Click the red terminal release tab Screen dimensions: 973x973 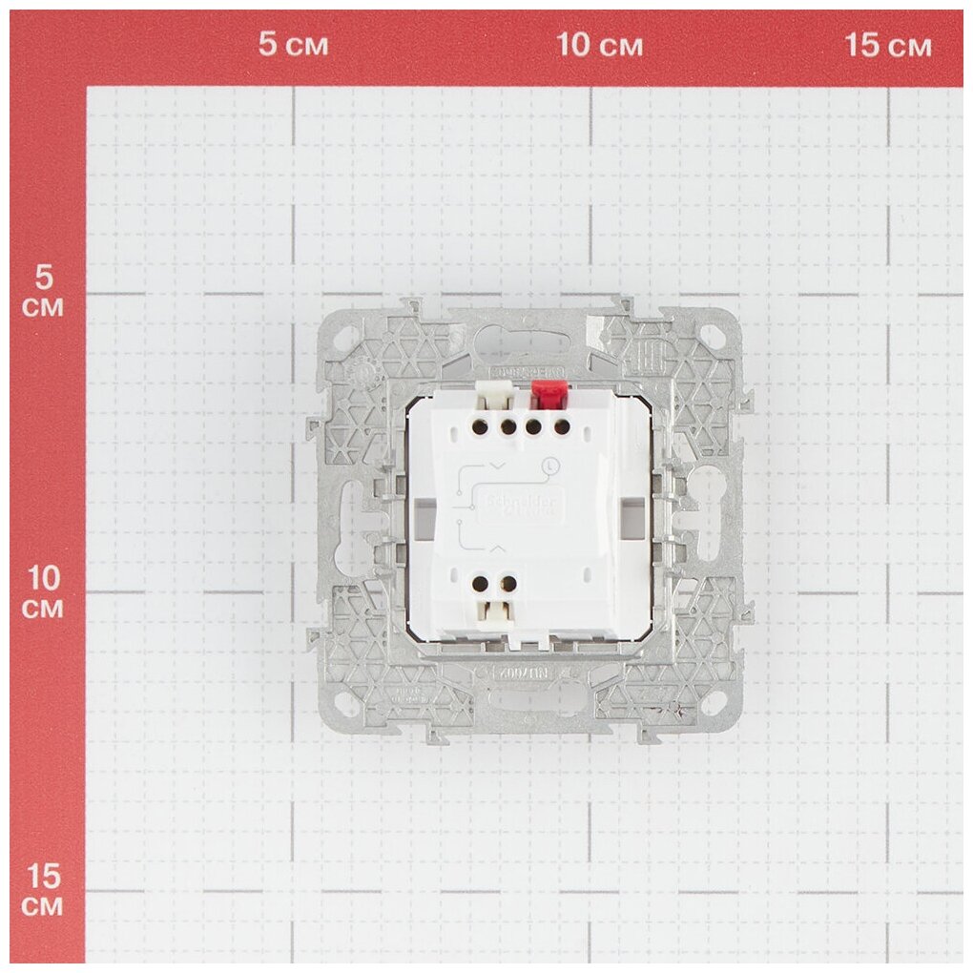click(x=547, y=391)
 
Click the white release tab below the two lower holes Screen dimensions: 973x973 click(x=495, y=615)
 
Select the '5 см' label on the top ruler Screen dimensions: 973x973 click(x=294, y=46)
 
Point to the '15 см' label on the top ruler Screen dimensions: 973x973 click(x=888, y=46)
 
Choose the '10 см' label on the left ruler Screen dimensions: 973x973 click(x=43, y=592)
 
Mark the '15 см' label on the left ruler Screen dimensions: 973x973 click(x=43, y=888)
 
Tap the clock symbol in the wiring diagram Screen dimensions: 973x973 click(x=549, y=466)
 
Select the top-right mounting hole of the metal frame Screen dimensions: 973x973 click(x=711, y=336)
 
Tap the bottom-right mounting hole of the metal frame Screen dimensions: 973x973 click(x=711, y=704)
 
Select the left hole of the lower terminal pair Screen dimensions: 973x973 click(x=483, y=583)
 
